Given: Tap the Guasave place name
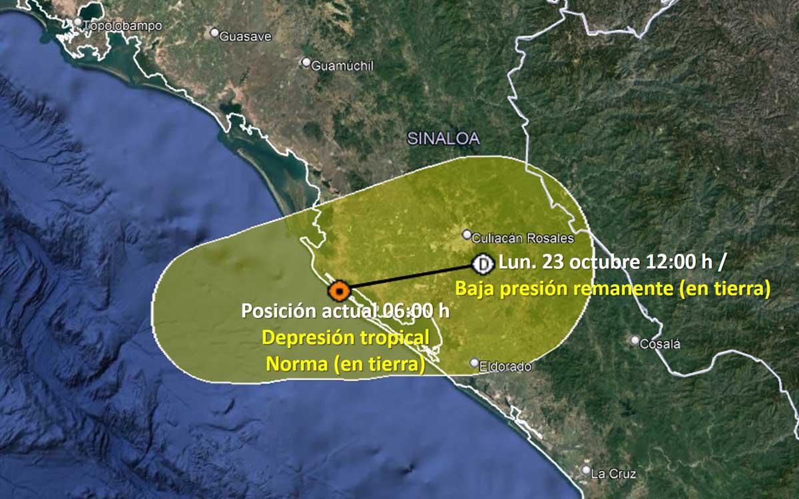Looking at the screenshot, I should [x=245, y=37].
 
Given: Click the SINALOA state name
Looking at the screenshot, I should [x=443, y=138].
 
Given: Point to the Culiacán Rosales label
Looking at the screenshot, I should [x=523, y=238].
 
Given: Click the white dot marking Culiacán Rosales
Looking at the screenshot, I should [x=467, y=234].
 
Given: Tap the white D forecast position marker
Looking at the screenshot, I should [x=482, y=264].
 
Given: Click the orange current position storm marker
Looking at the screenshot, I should [x=339, y=291].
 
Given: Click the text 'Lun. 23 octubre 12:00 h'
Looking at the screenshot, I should [x=606, y=261].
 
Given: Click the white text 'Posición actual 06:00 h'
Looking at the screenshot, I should [x=345, y=311].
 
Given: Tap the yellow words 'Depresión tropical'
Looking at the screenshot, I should [x=346, y=337].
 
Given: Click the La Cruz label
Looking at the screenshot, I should [x=613, y=474].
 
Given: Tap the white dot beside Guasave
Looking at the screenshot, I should [x=214, y=32].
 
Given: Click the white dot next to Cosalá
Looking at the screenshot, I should [x=635, y=340].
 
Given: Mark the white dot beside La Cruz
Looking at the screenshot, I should [x=586, y=470].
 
